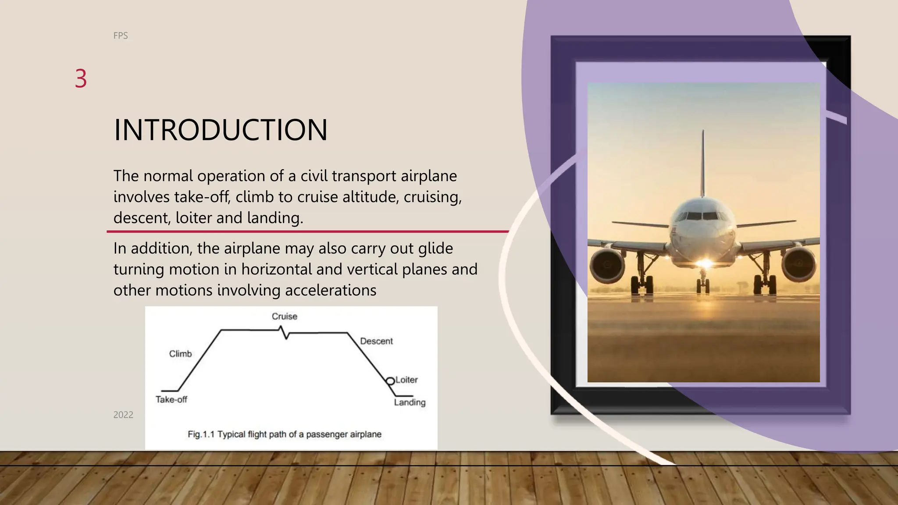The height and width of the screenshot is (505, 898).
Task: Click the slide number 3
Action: point(81,79)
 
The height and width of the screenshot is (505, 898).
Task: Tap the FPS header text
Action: point(121,36)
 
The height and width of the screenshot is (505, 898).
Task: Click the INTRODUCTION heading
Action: point(221,130)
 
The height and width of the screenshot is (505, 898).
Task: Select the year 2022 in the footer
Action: point(123,415)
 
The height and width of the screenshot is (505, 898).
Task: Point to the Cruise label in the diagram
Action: point(284,317)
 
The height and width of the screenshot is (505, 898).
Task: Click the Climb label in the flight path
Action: point(180,354)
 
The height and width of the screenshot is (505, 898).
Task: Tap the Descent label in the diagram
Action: point(376,341)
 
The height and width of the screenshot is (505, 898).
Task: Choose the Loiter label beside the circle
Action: point(406,380)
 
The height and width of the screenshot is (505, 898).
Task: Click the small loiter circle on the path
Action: point(390,381)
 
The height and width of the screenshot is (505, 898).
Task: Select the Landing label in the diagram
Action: point(410,402)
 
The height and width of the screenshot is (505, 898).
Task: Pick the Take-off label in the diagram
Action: point(171,399)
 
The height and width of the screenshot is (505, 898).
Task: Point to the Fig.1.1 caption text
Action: point(285,434)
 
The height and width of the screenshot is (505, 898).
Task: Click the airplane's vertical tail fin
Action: point(703,162)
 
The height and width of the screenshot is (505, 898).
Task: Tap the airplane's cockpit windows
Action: point(702,216)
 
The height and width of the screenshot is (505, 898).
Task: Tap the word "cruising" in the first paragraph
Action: point(432,197)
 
